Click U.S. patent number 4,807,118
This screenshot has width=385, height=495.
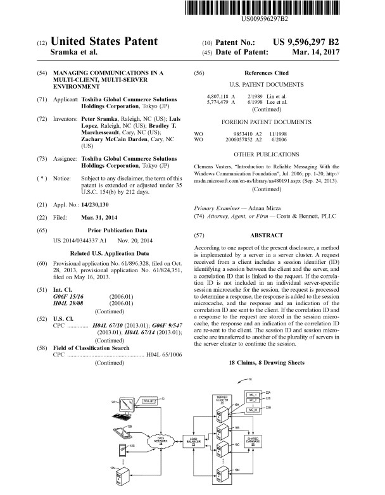pos(213,96)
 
